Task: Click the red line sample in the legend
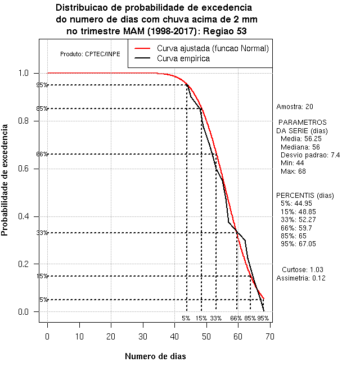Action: click(142, 48)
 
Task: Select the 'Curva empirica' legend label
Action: click(183, 58)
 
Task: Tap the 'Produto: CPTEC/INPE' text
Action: click(90, 54)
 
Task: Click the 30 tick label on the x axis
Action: click(143, 336)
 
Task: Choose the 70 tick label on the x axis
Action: click(270, 336)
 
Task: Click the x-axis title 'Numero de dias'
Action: click(155, 356)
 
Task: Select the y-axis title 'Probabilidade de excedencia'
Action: click(4, 180)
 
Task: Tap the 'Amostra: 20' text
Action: click(295, 107)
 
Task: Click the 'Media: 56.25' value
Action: click(301, 139)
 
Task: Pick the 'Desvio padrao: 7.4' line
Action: click(310, 155)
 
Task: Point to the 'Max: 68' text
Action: click(293, 171)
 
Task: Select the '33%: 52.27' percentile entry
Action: click(298, 220)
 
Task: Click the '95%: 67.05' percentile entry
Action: click(298, 244)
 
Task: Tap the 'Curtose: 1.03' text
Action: click(303, 270)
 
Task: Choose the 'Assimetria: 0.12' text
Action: click(301, 278)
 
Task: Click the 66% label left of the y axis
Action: click(42, 154)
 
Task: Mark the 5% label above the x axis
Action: click(186, 318)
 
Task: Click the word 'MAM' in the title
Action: click(133, 31)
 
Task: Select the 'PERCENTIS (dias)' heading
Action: click(305, 196)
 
